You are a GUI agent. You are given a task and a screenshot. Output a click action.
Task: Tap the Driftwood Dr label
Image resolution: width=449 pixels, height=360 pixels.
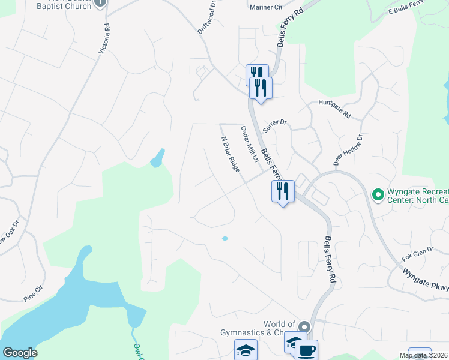(207, 20)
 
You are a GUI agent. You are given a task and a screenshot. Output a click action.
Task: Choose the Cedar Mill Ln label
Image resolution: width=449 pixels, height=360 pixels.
(249, 143)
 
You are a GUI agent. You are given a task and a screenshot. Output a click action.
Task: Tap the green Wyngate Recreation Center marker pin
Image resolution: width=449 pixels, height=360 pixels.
(378, 195)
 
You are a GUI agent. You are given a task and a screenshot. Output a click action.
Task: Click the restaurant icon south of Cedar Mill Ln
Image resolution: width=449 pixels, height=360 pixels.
(283, 191)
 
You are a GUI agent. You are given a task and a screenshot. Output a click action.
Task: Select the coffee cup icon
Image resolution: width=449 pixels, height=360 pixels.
(307, 350)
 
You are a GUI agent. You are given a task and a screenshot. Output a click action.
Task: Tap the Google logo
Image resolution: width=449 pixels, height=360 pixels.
(20, 353)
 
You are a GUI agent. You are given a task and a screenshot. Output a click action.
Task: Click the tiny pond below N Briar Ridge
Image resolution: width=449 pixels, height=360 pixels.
(225, 238)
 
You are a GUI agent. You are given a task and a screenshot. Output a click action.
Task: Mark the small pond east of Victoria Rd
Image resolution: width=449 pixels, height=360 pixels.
(158, 158)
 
